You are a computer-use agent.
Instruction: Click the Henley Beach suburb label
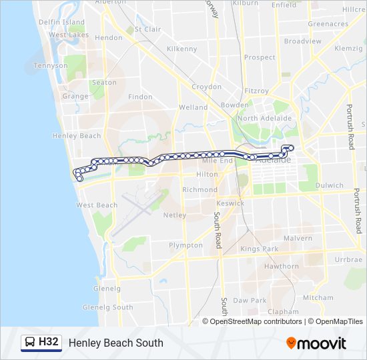[76, 136]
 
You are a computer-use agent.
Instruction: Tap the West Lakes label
[69, 35]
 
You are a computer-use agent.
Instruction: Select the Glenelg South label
[107, 307]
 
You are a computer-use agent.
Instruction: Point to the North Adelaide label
[265, 118]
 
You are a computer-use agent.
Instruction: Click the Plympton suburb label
[186, 245]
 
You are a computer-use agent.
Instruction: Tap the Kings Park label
[259, 249]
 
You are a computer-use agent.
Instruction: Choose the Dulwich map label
[330, 185]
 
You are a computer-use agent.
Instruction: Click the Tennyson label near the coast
[51, 66]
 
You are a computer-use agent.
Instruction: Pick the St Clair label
[147, 29]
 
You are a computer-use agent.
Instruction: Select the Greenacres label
[328, 24]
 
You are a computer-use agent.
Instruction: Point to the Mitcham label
[317, 297]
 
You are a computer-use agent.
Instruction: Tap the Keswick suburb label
[231, 203]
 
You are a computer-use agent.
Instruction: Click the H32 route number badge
[49, 343]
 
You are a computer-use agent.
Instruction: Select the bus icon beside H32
[30, 343]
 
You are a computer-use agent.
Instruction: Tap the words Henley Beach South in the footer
[115, 343]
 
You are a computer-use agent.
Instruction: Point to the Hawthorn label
[281, 266]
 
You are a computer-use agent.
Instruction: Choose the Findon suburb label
[140, 97]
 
